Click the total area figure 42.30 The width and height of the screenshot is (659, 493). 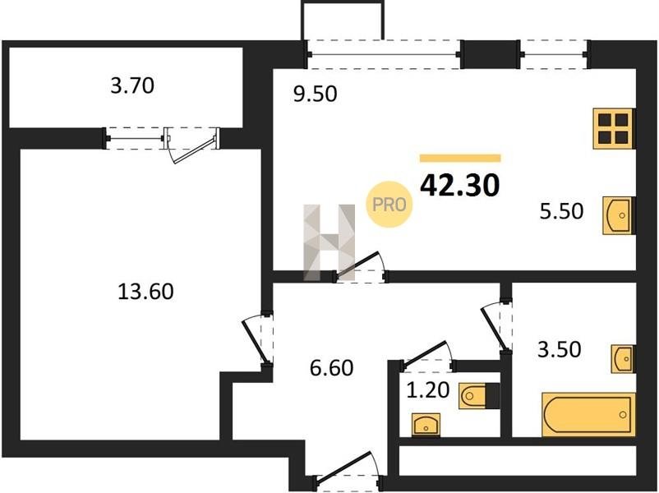coord(460,186)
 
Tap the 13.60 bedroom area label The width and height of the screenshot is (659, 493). coord(145,291)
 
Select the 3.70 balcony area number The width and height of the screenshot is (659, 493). coord(132,85)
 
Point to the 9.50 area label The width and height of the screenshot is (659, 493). coord(316,94)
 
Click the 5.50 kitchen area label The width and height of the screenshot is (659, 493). coord(561,211)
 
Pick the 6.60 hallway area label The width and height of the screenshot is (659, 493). coord(332,368)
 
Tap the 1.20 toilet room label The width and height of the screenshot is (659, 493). coord(428,389)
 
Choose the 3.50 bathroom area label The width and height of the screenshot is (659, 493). coord(560,349)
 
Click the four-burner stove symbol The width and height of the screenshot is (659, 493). coord(614,129)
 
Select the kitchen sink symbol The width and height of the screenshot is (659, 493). coord(619,215)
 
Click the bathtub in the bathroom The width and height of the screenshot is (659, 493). coord(588,414)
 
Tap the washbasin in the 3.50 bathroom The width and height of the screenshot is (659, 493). coord(623,358)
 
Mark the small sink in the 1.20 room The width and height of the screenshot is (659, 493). coord(426,425)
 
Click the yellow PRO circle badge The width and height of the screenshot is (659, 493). coord(389,205)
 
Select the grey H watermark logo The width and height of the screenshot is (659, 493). coord(329,242)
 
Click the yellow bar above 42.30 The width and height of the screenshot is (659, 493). coord(460,158)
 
